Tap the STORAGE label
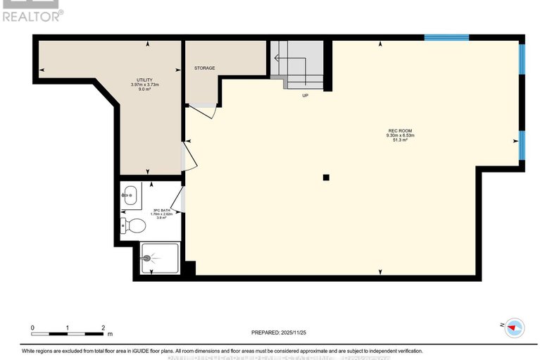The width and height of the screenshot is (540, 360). point(204,68)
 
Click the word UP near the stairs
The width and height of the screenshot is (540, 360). point(305,96)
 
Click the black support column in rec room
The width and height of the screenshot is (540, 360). point(326,178)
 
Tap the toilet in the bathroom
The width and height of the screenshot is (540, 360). point(133,225)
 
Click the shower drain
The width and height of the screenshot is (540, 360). point(147,259)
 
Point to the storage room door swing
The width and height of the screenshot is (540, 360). point(203,111)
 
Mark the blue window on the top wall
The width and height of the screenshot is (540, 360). point(446,37)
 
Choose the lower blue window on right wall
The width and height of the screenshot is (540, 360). point(522,144)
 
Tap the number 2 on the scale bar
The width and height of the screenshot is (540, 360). point(103,328)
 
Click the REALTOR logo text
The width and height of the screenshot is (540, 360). point(32,15)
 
